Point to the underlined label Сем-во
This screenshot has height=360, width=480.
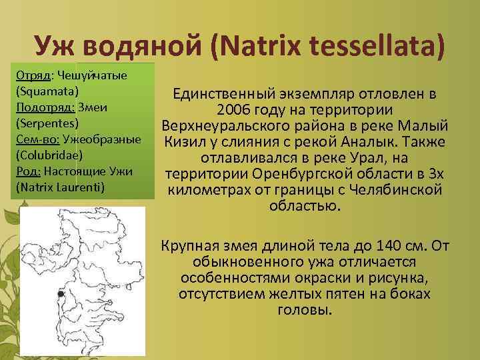36,139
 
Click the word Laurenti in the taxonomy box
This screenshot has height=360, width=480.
79,187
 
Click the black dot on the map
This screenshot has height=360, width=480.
60,294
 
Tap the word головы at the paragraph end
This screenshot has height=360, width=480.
303,311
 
